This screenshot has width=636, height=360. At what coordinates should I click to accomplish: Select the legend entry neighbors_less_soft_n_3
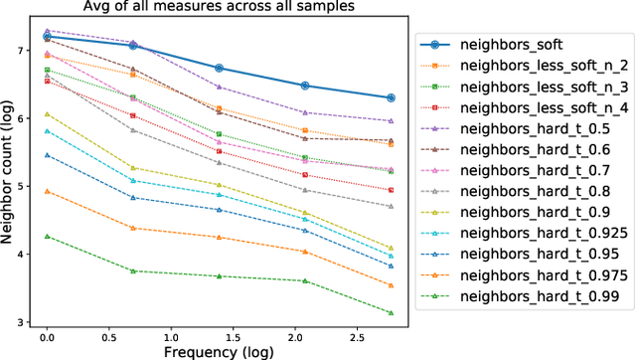(525, 88)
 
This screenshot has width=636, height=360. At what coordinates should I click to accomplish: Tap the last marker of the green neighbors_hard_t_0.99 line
(391, 313)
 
